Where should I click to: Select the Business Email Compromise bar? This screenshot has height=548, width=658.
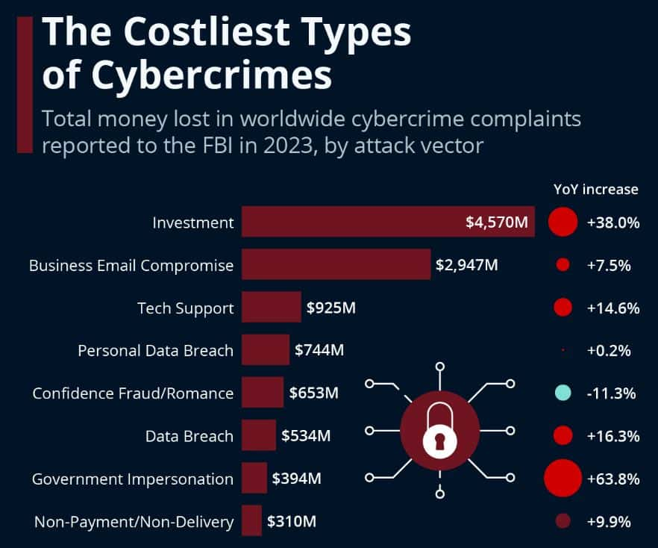click(x=336, y=264)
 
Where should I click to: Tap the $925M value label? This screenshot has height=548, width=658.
click(x=331, y=308)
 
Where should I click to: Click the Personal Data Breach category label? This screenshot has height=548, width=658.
click(x=155, y=350)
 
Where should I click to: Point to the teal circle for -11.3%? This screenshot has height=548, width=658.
click(x=563, y=393)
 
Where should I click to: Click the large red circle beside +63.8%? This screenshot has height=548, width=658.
click(x=563, y=479)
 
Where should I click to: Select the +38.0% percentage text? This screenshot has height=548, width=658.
click(x=613, y=222)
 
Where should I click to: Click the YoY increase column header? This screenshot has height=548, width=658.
click(x=595, y=189)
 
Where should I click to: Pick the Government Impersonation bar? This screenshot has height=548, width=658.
click(x=254, y=479)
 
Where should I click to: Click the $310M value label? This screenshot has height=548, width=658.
click(x=292, y=522)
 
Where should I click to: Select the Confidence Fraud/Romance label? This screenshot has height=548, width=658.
click(x=133, y=393)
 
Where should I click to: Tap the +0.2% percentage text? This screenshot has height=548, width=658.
click(x=610, y=350)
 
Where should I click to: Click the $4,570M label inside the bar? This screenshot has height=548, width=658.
click(x=496, y=222)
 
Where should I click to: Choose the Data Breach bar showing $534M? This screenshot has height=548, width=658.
click(x=258, y=435)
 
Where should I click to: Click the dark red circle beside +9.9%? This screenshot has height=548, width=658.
click(x=563, y=522)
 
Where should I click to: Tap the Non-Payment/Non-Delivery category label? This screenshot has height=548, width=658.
click(x=134, y=522)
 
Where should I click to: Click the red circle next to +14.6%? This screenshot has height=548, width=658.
click(x=563, y=308)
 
